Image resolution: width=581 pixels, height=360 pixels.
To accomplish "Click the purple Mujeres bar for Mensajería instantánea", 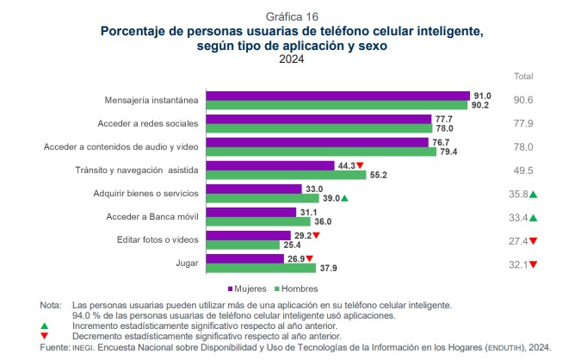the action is point(338,96).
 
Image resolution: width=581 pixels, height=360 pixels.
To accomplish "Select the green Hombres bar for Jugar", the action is point(261,268).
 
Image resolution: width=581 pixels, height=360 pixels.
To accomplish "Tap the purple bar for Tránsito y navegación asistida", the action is point(270,165).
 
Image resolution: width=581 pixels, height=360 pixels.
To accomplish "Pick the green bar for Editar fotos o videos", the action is point(243,245).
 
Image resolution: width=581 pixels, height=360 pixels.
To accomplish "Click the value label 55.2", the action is point(379,175).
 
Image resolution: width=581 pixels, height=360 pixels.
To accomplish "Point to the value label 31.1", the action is point(309,213).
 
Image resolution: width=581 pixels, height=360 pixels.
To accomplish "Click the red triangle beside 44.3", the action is point(360,165).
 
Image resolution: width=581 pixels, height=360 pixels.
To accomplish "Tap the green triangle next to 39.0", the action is point(344,198).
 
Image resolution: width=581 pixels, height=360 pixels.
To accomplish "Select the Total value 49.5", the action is point(523,171).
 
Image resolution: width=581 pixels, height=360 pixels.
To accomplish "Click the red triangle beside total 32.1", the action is point(533,264).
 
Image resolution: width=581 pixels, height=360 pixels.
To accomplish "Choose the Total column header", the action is point(523,77).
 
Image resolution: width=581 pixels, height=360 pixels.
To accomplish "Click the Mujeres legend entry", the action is point(247,289).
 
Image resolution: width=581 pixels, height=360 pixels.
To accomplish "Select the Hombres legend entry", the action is point(296,289).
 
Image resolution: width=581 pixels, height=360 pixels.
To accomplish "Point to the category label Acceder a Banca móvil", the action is point(152,217).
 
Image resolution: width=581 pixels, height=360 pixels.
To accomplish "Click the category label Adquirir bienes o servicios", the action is point(146,194).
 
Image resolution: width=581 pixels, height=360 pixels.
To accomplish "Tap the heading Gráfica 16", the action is point(292,16).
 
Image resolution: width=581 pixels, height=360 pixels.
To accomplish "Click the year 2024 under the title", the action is point(292,59).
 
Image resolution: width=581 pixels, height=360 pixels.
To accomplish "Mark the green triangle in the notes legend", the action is point(45,326).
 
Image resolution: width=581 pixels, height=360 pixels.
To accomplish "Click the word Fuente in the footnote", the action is point(54,347).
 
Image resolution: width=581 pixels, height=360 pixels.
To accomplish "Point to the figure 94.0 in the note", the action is point(81,315).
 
